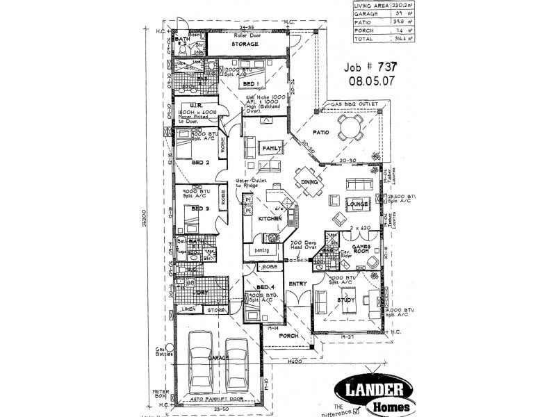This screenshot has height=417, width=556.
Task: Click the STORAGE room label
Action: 245,44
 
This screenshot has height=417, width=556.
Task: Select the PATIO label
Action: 320,131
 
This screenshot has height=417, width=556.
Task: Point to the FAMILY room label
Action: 272,149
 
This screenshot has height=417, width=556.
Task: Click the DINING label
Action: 310,181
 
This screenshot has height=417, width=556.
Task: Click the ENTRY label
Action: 297,284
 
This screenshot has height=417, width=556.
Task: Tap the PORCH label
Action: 288,335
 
